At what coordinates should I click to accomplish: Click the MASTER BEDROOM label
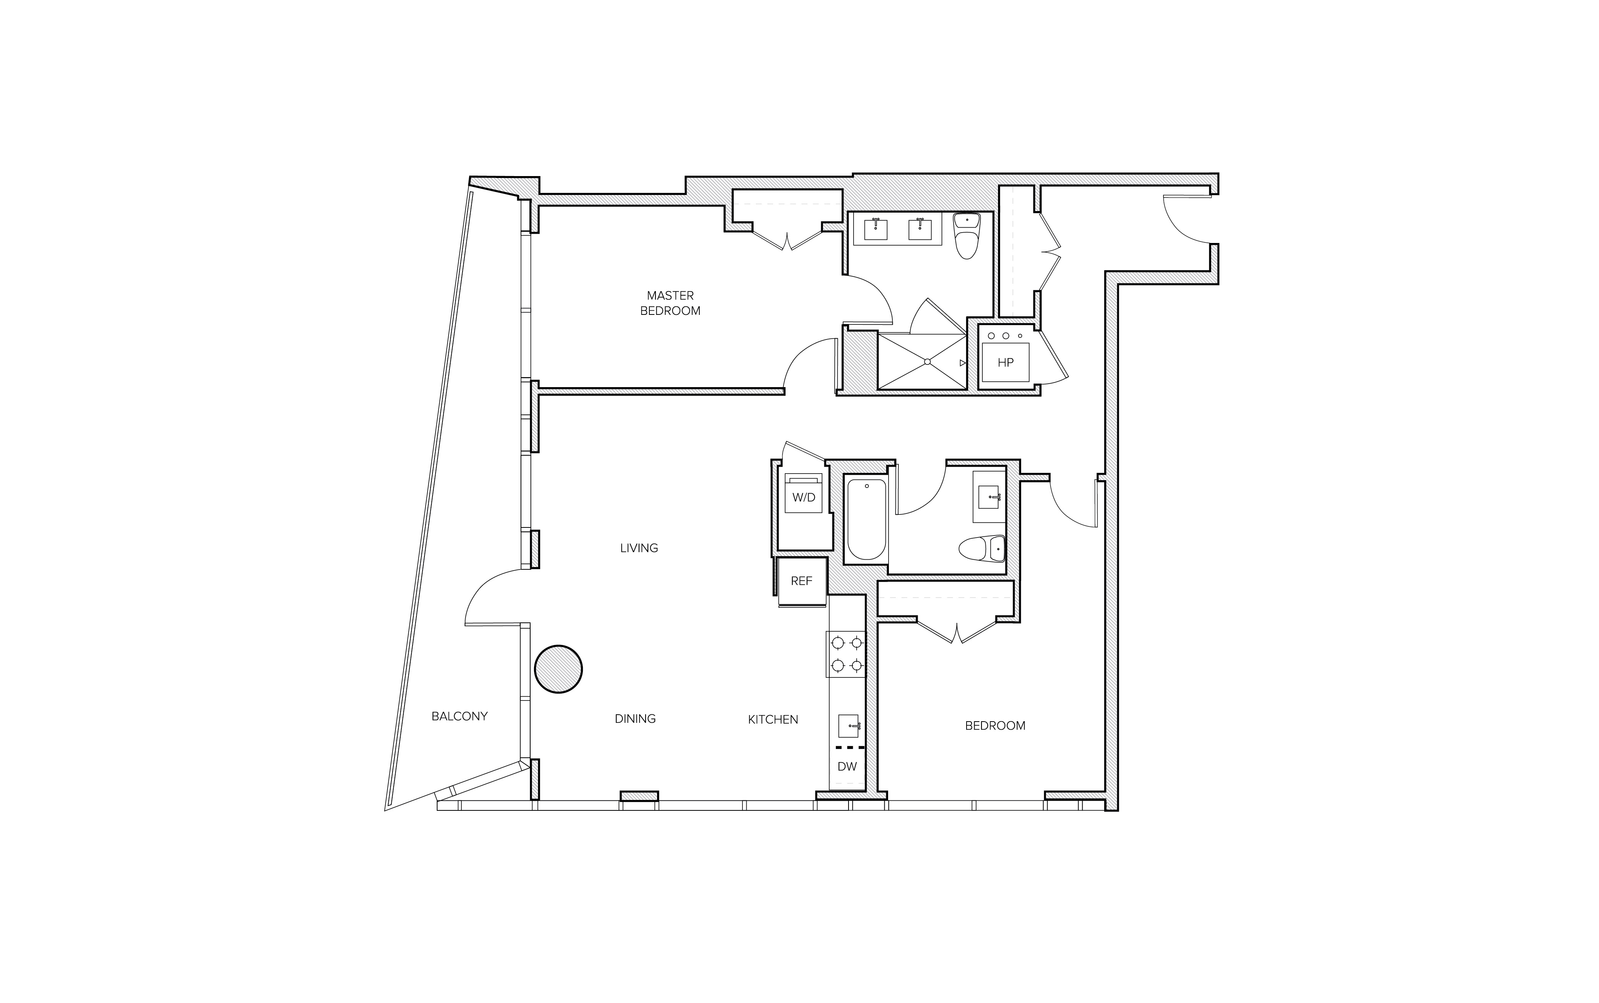[x=670, y=303]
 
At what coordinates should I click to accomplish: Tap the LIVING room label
[x=639, y=548]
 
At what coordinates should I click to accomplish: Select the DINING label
[x=635, y=719]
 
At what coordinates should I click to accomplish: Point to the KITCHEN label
[x=773, y=719]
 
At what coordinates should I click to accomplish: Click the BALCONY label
[x=459, y=716]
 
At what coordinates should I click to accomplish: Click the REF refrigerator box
[x=801, y=581]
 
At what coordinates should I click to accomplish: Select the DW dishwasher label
[x=847, y=766]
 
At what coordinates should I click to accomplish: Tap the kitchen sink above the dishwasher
[x=848, y=726]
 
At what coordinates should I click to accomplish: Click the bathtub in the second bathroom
[x=866, y=519]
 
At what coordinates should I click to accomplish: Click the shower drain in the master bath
[x=927, y=361]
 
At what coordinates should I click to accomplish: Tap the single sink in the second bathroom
[x=989, y=496]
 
